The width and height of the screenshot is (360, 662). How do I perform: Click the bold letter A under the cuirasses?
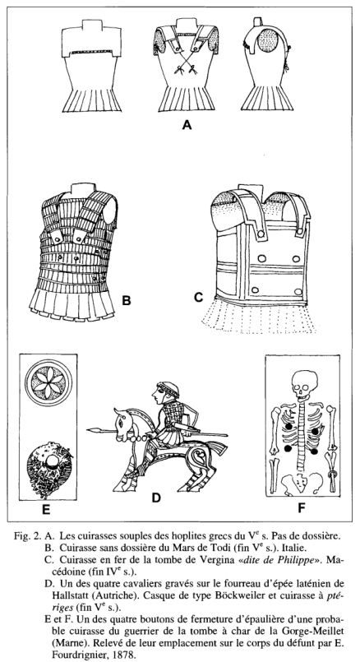tap(187, 124)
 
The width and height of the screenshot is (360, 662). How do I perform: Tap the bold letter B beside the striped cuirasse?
tap(127, 300)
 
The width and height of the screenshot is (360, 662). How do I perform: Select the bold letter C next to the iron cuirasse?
tap(198, 297)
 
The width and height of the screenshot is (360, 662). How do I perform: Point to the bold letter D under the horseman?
tap(156, 498)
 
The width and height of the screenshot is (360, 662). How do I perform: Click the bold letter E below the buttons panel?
tap(46, 510)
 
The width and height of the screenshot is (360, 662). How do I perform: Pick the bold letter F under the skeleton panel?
tap(302, 508)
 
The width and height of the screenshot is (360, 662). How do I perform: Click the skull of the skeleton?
tap(304, 384)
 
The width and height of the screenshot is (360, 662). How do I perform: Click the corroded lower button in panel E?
tap(49, 465)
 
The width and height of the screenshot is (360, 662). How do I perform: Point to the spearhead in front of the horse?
tap(96, 430)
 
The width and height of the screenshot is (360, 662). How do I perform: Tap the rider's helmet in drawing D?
tap(168, 388)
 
